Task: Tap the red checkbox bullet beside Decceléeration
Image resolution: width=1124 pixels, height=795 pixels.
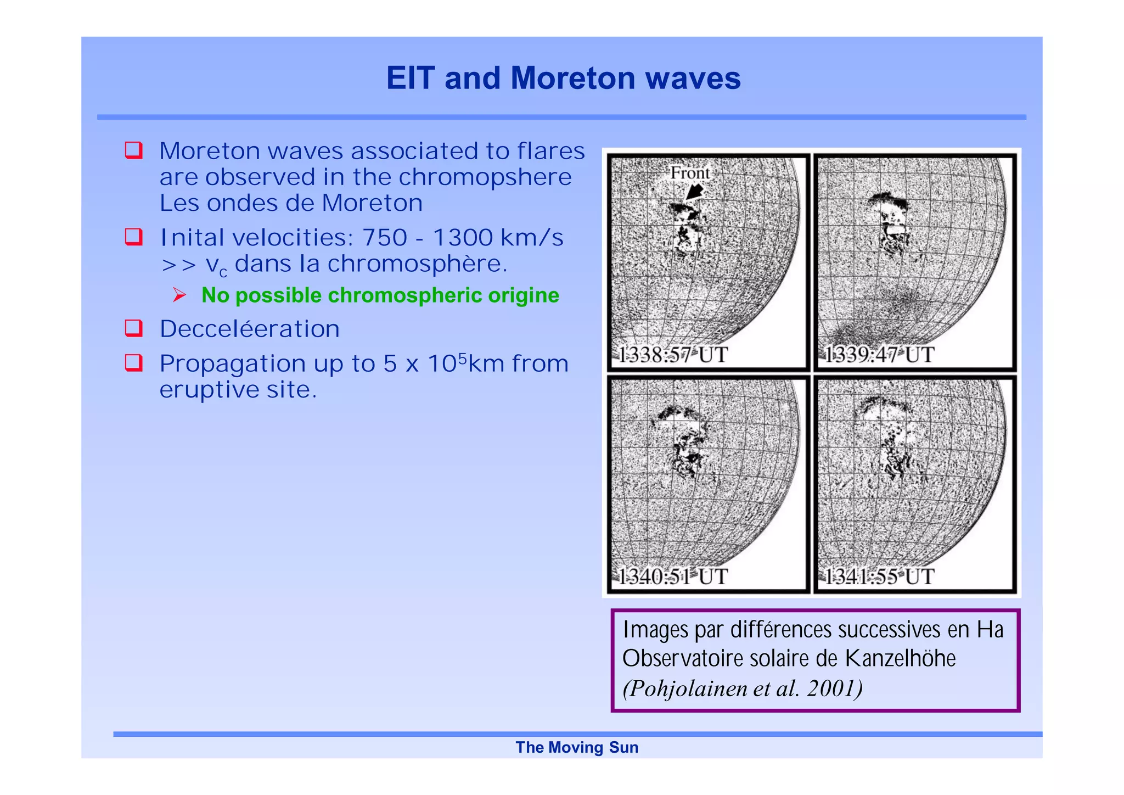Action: [x=134, y=328]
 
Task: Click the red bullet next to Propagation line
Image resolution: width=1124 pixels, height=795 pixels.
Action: [x=134, y=363]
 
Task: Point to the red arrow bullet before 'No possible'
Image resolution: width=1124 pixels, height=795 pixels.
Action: [x=179, y=295]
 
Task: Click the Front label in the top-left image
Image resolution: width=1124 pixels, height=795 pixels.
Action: [x=689, y=173]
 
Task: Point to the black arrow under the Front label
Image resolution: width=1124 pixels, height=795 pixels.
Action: [x=695, y=192]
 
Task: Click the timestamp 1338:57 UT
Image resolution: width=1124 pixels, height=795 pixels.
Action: [x=672, y=355]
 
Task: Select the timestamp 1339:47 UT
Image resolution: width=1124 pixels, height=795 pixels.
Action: [x=879, y=355]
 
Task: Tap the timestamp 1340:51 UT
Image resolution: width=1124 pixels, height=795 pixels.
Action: [x=672, y=576]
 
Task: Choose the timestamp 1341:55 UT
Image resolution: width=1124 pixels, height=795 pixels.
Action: [x=879, y=576]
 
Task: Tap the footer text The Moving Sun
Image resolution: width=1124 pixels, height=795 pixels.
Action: [x=577, y=747]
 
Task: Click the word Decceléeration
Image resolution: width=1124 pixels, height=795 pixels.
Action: [x=250, y=329]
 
